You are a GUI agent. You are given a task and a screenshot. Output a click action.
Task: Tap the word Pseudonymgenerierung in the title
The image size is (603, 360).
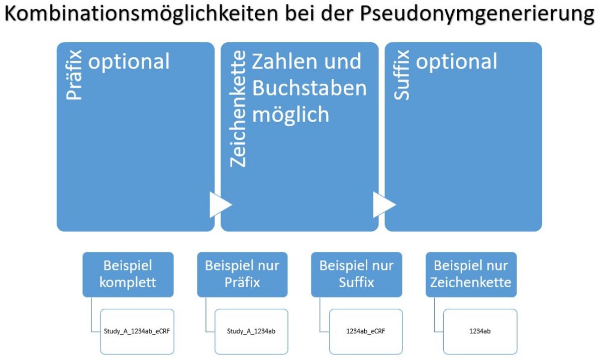click(477, 15)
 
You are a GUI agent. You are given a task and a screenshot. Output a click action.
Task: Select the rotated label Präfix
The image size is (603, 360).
click(74, 75)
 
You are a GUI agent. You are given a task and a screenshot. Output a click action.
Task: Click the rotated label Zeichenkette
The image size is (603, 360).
click(238, 109)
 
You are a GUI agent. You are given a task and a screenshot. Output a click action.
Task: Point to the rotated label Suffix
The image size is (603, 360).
click(401, 75)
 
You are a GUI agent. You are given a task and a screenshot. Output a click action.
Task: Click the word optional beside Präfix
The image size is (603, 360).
click(129, 62)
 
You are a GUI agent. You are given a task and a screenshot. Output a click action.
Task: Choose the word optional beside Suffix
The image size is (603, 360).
click(457, 62)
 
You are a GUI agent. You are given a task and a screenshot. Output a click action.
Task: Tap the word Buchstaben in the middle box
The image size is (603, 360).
click(310, 88)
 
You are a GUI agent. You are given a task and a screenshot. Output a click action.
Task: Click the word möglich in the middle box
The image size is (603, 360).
click(291, 115)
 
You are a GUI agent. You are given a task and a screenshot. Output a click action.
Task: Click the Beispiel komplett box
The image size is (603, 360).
click(128, 275)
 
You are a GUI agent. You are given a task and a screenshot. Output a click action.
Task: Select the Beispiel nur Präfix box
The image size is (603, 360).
click(242, 275)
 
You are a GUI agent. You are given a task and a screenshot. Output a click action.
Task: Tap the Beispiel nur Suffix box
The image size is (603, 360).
click(357, 275)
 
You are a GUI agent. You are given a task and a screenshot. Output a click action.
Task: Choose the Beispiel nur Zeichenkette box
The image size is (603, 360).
click(471, 275)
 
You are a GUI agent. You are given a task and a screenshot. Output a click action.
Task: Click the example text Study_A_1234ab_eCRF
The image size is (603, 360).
click(137, 331)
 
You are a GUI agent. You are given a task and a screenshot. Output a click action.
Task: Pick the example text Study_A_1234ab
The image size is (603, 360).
click(251, 331)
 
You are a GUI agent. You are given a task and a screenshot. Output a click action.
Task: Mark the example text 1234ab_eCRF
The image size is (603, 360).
click(366, 331)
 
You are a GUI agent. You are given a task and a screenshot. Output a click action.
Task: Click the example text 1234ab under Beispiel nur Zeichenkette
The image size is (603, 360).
click(480, 331)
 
